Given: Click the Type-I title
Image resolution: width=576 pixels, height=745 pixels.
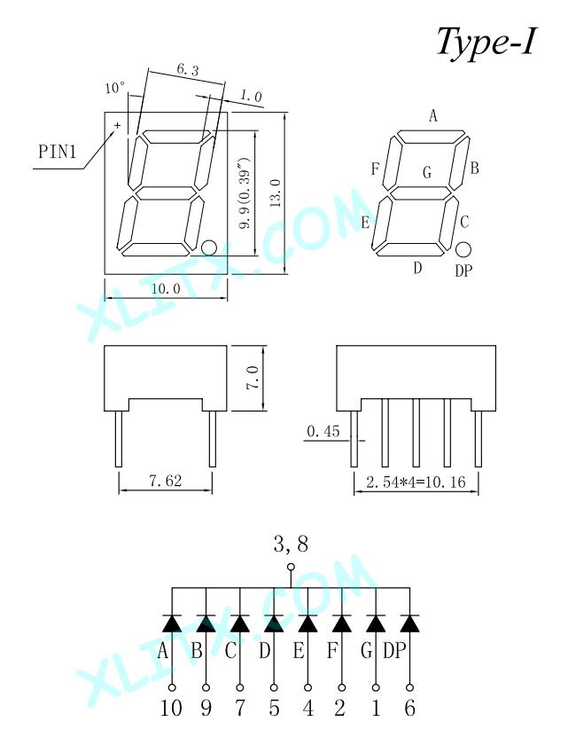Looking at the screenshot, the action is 486,42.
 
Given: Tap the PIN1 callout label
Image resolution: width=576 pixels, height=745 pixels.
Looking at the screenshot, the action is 57,152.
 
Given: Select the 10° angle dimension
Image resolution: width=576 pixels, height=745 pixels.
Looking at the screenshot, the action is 115,88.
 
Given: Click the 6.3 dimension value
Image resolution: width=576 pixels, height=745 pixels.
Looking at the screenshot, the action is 188,70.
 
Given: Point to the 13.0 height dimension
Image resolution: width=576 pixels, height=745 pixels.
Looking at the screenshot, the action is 276,193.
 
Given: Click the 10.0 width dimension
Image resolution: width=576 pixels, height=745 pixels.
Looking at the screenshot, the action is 166,288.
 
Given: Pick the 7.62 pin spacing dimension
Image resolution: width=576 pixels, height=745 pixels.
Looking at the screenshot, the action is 165,481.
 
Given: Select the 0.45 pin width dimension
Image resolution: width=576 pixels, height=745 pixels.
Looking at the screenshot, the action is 323,431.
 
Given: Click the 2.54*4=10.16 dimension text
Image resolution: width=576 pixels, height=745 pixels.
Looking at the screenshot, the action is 416,482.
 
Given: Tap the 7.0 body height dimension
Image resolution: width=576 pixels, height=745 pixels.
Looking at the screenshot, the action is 253,378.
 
